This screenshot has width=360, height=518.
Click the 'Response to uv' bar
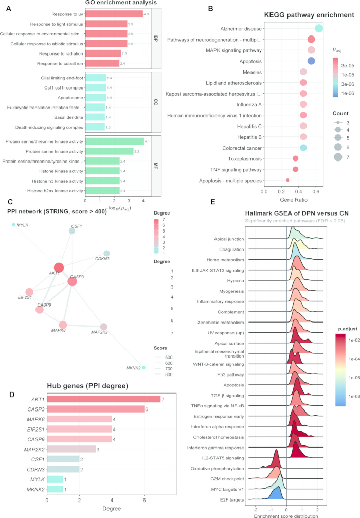[114, 14]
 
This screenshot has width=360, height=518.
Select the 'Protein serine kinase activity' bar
[110, 151]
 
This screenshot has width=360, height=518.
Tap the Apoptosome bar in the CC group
[96, 97]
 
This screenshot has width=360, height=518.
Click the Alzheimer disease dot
[319, 28]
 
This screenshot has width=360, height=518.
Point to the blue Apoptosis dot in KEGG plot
[311, 61]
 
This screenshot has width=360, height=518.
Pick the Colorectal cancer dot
[303, 148]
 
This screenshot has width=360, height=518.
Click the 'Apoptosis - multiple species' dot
[287, 180]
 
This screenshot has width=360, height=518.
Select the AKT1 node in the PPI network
[59, 267]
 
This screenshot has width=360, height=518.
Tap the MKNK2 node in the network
[143, 367]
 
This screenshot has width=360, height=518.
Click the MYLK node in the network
[13, 225]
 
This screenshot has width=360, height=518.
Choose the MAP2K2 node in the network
[104, 327]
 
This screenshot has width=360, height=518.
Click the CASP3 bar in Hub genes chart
[96, 409]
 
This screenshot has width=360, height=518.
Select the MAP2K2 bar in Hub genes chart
[71, 449]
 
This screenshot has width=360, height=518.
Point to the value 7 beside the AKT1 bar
[163, 399]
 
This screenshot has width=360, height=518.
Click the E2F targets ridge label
[232, 500]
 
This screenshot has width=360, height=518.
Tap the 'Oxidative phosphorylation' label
[218, 469]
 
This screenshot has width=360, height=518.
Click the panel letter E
[213, 202]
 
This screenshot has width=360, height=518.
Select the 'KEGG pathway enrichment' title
[309, 15]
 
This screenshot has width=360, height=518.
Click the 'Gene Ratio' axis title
[294, 200]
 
